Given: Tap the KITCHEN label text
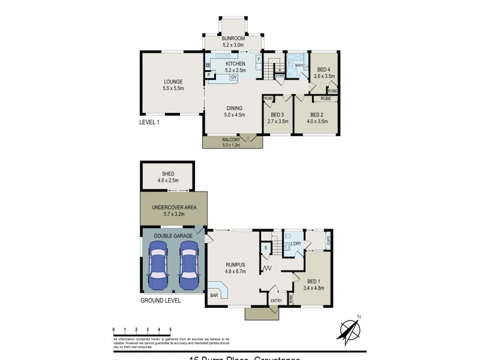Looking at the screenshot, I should coord(235,64).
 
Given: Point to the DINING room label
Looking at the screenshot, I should coord(234,109).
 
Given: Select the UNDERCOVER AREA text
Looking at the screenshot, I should coord(174,208).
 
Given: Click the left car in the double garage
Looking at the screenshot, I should coord(158,266).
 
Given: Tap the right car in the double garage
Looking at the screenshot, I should coord(188,266).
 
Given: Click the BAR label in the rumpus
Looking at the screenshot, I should coord(214,295).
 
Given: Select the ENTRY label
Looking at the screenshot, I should coord(276,301).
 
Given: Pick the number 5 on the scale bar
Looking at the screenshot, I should coord(170,329).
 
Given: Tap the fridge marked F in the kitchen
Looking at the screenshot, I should coord(259,59).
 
